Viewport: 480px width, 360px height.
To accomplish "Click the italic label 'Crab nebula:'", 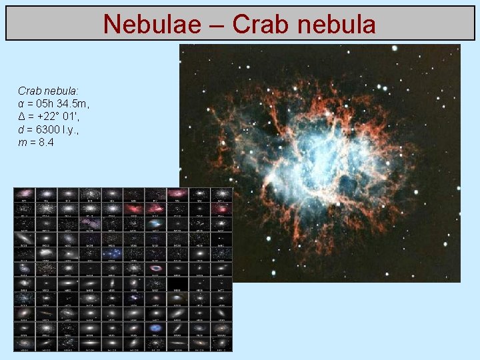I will (x=48, y=90).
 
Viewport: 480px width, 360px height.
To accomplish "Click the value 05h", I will (x=47, y=103).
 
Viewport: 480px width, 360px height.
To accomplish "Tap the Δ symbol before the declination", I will (x=22, y=117).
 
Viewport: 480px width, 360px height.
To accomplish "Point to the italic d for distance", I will (x=21, y=130).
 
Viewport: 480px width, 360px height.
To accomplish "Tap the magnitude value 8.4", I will (x=46, y=143).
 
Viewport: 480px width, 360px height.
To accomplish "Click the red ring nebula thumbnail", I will (x=156, y=267).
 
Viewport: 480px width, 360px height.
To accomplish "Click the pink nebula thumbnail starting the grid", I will (x=24, y=193).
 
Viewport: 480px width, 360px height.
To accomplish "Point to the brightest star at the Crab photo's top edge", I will (x=395, y=48).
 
